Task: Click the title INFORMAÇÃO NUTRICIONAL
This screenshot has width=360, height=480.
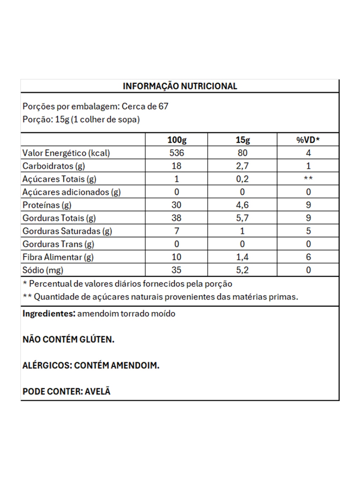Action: (180, 86)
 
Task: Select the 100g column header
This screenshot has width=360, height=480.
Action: (176, 140)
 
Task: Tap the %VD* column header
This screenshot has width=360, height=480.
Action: (308, 140)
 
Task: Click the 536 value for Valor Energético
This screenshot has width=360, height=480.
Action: (176, 153)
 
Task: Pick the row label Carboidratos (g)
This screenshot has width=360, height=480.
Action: (53, 166)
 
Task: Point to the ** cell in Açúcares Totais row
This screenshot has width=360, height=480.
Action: (308, 179)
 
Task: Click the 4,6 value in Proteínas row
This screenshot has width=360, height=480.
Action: (242, 205)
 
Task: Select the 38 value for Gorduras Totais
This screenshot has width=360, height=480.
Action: (176, 218)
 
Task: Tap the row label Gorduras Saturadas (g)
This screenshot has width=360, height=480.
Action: (67, 231)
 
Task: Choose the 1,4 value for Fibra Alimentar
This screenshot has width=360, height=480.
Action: (242, 257)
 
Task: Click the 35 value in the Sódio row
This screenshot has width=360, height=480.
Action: (176, 270)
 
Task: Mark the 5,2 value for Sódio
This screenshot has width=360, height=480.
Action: (242, 270)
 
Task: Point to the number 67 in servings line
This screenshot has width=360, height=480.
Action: (163, 106)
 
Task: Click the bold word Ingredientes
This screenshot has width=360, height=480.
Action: (49, 313)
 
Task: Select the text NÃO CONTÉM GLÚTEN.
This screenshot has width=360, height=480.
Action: (69, 339)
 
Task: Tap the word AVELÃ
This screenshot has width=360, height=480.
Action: (98, 391)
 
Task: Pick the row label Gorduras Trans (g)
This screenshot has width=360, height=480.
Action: (58, 244)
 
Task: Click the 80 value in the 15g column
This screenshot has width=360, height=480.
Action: (242, 153)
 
